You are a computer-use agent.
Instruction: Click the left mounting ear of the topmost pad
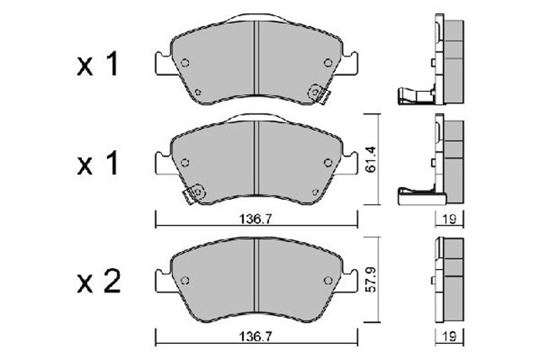pyautogui.click(x=162, y=63)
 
